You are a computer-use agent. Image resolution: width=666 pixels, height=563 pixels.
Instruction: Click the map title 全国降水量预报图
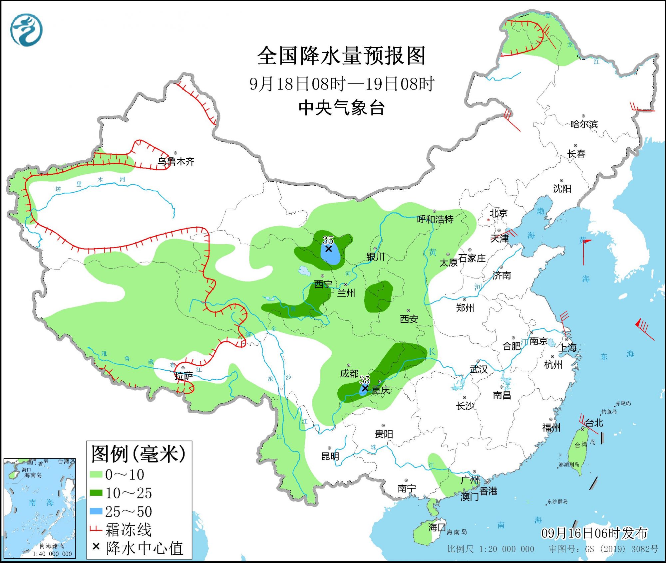(x=341, y=56)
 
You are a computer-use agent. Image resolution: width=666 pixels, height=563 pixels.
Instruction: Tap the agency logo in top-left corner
(x=26, y=30)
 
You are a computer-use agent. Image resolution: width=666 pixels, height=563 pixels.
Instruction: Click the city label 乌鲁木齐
(x=176, y=162)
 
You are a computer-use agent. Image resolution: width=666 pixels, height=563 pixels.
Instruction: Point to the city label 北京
(x=498, y=213)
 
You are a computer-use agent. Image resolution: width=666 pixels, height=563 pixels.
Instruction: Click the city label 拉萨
(x=183, y=376)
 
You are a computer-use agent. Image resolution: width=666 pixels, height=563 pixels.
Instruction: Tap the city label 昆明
(x=330, y=456)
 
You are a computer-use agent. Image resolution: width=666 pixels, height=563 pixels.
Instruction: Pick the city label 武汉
(x=479, y=369)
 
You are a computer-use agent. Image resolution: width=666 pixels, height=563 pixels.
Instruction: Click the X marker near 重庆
(x=365, y=388)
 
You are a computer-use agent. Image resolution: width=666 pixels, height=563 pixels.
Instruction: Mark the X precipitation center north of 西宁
(x=328, y=249)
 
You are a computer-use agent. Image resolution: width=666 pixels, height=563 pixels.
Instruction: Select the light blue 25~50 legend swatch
(x=96, y=511)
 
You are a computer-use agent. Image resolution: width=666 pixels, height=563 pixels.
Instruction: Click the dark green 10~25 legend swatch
(x=96, y=492)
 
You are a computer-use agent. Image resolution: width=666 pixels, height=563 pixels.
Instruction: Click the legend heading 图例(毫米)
(x=138, y=454)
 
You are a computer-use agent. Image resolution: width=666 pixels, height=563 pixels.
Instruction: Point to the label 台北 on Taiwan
(x=594, y=423)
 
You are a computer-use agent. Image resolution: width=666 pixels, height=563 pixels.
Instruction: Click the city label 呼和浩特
(x=435, y=220)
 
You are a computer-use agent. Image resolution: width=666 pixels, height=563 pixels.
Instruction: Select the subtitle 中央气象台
(x=342, y=108)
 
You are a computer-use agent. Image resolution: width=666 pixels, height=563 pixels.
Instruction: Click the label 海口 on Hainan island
(x=437, y=527)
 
